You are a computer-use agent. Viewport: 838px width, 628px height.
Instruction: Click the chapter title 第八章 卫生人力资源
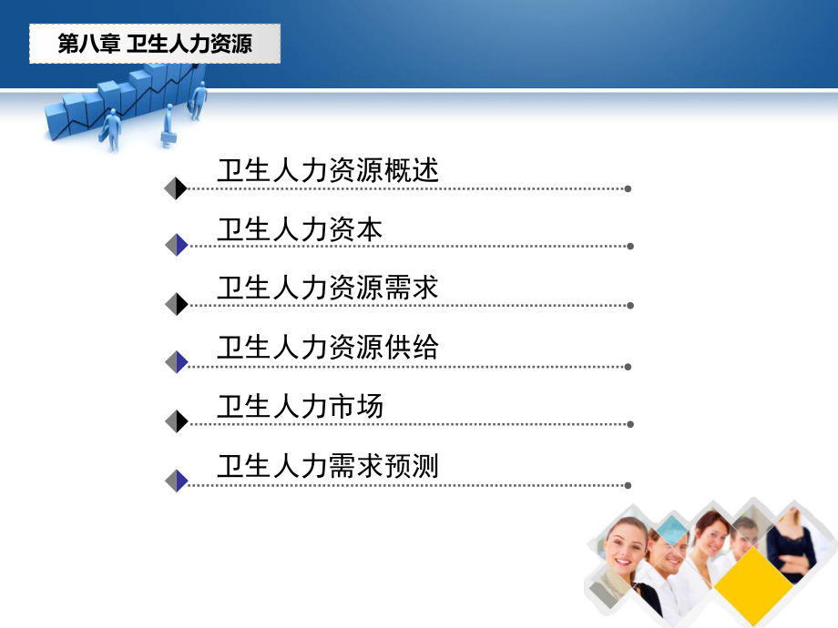[155, 44]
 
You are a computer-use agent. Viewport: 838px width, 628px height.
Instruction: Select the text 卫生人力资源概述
[328, 170]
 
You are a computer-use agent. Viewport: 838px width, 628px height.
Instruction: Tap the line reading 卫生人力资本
[300, 229]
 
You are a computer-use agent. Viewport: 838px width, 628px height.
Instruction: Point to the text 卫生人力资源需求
[328, 288]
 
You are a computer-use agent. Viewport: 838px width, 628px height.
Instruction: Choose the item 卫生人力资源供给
[328, 347]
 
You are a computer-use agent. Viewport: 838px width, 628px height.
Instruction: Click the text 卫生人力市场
[300, 406]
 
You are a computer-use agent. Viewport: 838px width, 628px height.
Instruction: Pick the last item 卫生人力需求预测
[328, 466]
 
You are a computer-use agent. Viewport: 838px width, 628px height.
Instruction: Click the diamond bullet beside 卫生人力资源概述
[176, 188]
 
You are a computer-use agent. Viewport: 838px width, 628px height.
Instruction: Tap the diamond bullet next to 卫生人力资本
[176, 245]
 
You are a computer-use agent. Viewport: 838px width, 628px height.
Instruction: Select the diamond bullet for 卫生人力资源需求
[176, 304]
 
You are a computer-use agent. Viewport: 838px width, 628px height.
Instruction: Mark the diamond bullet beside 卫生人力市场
[176, 421]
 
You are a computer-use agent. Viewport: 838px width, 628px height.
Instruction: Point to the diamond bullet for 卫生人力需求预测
[176, 481]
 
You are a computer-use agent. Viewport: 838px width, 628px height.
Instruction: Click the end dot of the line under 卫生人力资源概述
[628, 189]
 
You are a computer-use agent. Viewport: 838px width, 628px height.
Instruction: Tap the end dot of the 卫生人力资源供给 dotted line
[628, 367]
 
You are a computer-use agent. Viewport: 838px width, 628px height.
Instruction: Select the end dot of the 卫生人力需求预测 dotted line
[628, 485]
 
